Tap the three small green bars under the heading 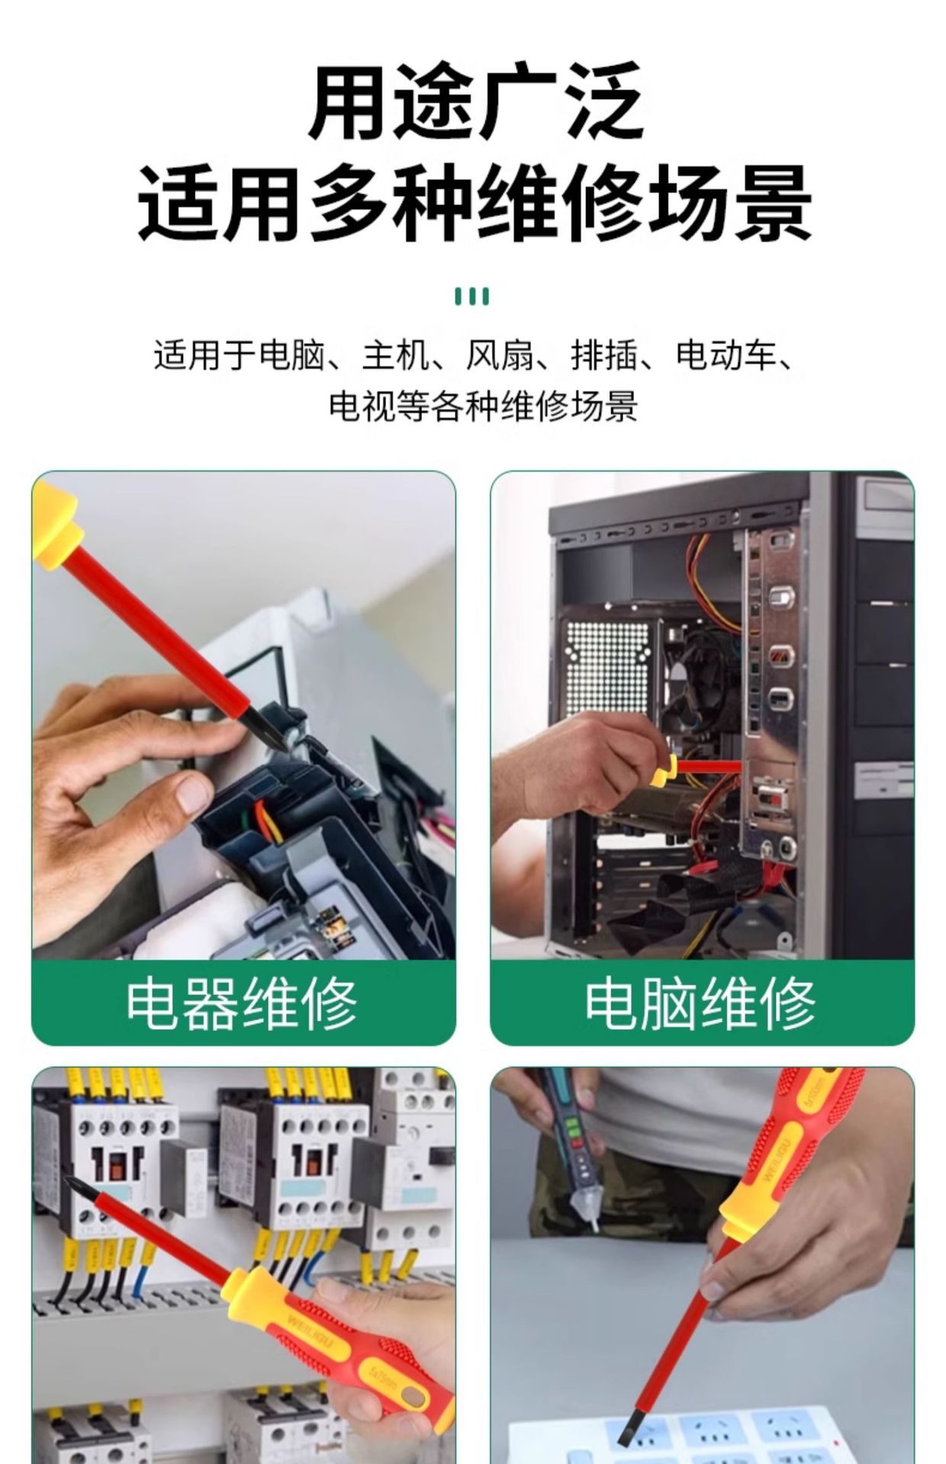[x=472, y=297]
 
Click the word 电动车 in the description [x=726, y=355]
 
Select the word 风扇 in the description [x=500, y=355]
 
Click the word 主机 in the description [x=395, y=355]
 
